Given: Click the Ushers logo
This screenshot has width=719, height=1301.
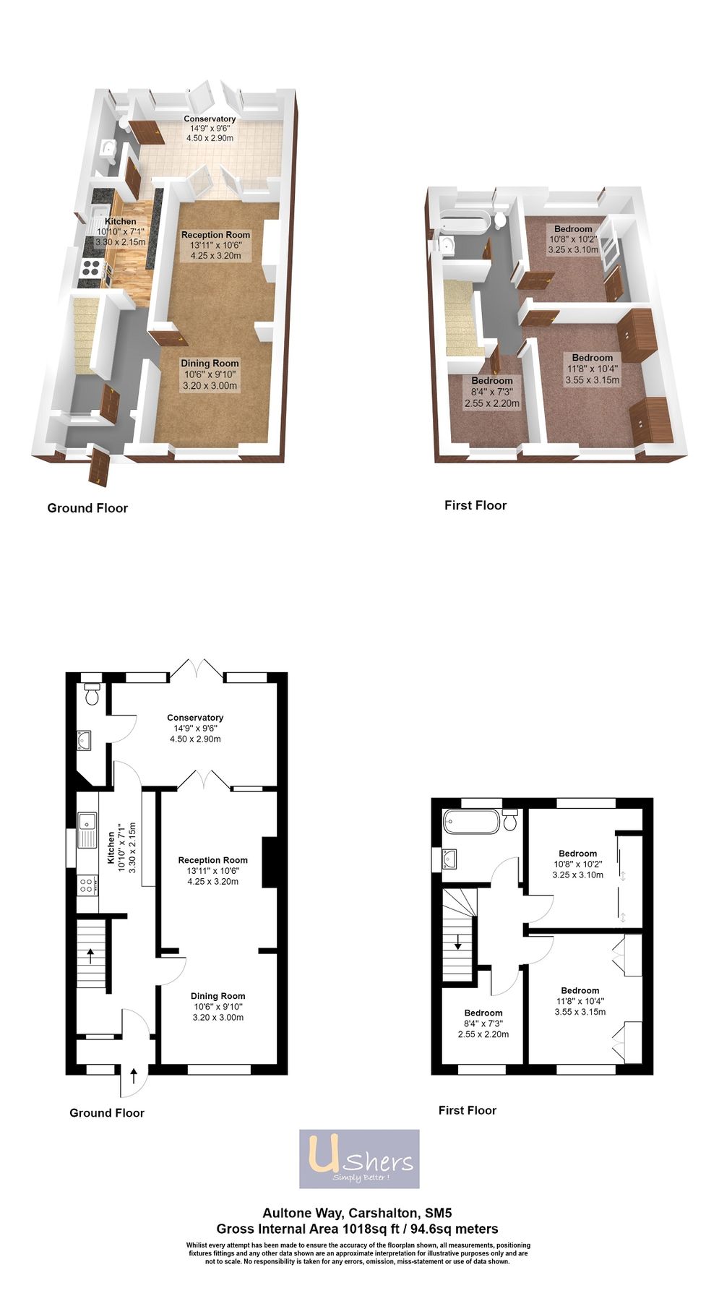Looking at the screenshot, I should coord(359,1159).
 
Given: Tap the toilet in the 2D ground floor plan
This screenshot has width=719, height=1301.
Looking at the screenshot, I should coord(91,695).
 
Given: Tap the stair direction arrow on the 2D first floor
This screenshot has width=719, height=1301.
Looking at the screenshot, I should coord(457,942).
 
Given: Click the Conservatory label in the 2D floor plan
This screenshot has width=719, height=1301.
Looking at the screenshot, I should coord(195,718).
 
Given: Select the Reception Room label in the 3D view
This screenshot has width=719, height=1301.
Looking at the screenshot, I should coord(215,235).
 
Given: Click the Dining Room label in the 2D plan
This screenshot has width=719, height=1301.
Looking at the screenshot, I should coord(218,996).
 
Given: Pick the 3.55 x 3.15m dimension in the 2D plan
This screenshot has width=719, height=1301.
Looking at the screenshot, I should coord(580,1012).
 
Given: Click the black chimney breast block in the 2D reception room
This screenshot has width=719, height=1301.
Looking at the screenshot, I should coord(269,862).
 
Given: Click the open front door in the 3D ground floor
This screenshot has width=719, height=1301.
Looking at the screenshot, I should coord(98,466).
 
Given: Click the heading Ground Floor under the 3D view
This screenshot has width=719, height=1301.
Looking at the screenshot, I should coord(87,508).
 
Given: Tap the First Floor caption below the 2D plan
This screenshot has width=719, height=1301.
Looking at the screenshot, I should coord(467,1110).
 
